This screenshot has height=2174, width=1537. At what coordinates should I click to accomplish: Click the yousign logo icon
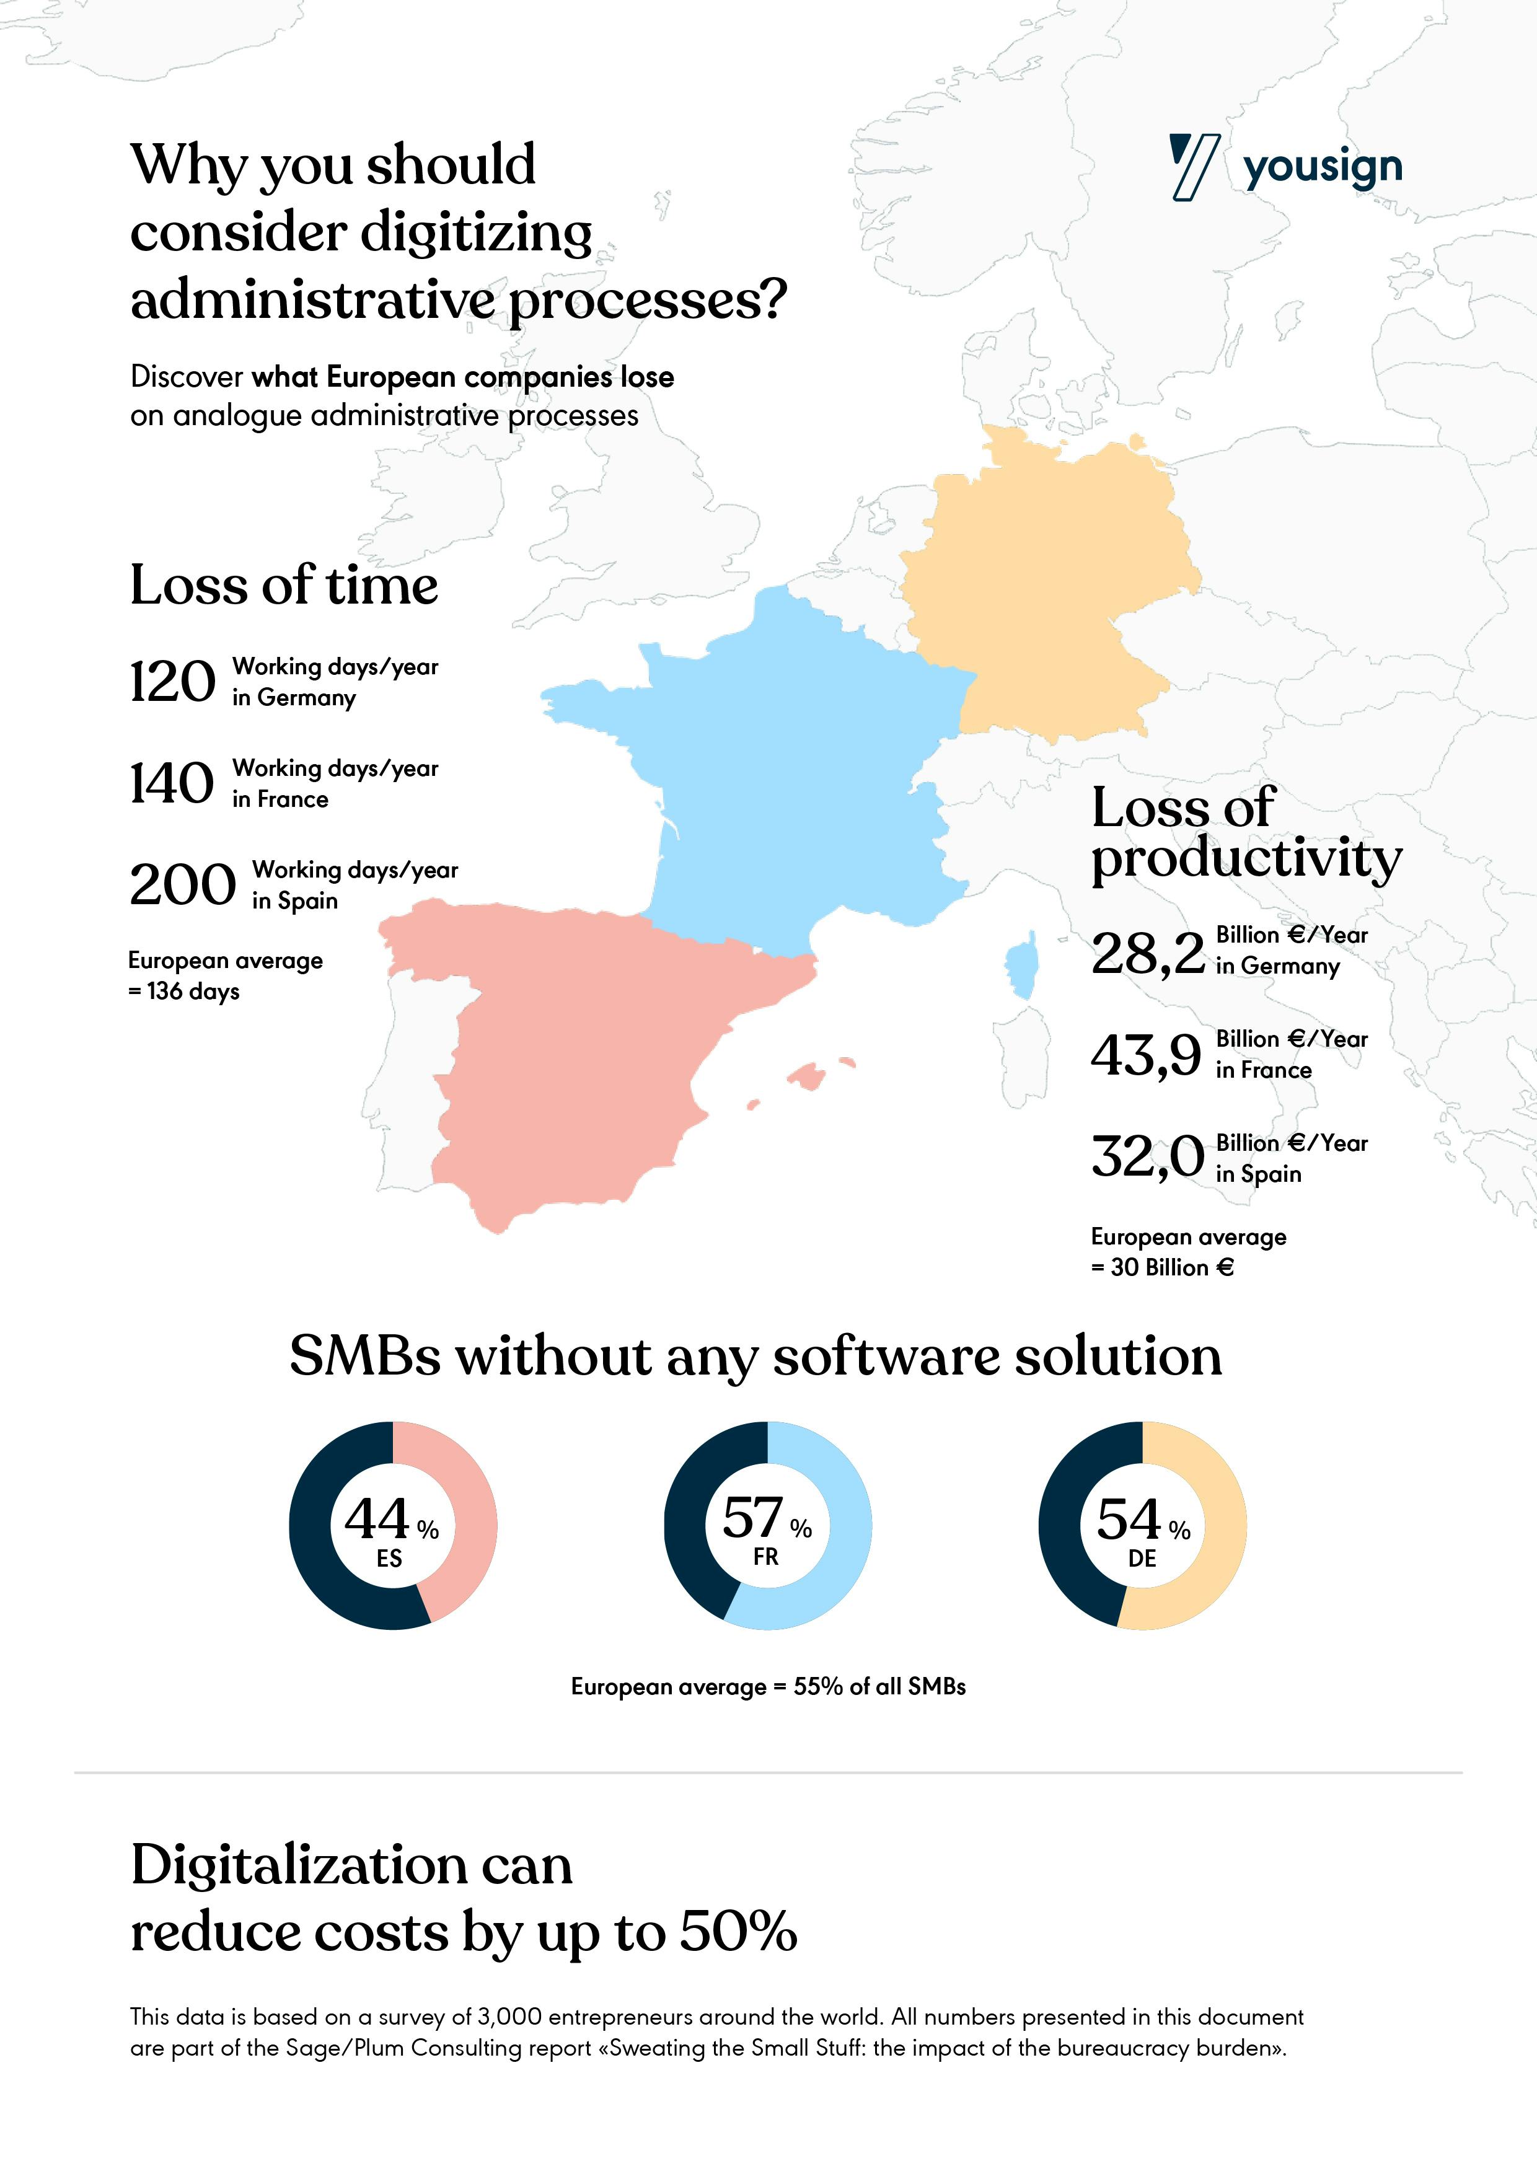coord(1192,167)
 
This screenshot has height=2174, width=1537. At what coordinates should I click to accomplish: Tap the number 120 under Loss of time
coord(172,682)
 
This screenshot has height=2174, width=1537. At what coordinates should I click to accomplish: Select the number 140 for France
coord(172,783)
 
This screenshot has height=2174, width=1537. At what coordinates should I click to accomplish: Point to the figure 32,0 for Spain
coord(1147,1157)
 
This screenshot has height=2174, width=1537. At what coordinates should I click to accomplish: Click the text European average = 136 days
coord(226,975)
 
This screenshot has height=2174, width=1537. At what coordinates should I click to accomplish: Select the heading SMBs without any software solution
coord(755,1356)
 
